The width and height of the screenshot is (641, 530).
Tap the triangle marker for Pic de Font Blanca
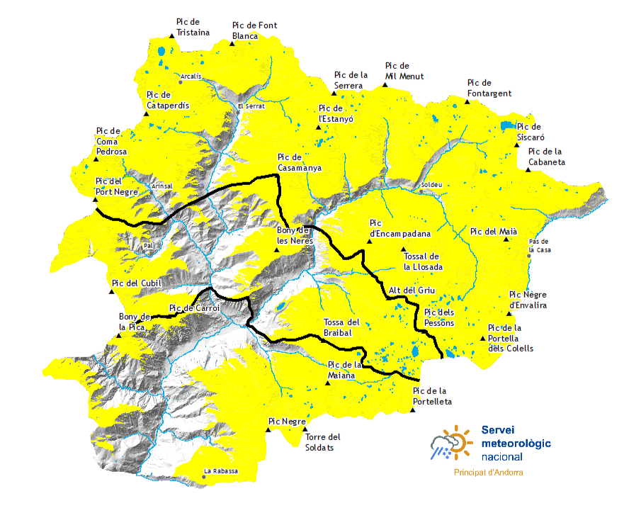(232, 44)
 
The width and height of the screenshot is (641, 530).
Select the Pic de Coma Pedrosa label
(111, 141)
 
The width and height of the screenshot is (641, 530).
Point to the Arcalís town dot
(181, 82)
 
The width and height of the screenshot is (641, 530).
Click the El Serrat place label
(251, 106)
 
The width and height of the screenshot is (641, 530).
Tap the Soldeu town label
(432, 185)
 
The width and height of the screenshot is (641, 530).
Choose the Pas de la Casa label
(540, 246)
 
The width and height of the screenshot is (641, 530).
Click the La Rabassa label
(221, 471)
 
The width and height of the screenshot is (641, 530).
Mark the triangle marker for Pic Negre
(268, 429)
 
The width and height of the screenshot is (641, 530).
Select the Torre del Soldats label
(322, 442)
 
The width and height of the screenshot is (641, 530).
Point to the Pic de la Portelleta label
(432, 396)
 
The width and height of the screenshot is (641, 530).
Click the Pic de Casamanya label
(300, 163)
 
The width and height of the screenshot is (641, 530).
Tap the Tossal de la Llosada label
(423, 261)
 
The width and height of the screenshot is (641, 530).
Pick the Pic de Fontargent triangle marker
(467, 101)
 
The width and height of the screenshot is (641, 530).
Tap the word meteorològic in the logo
(516, 444)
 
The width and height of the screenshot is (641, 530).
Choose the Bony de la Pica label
(135, 322)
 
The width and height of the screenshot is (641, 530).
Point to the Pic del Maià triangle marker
(506, 239)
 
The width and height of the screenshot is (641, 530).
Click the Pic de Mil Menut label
(404, 71)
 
